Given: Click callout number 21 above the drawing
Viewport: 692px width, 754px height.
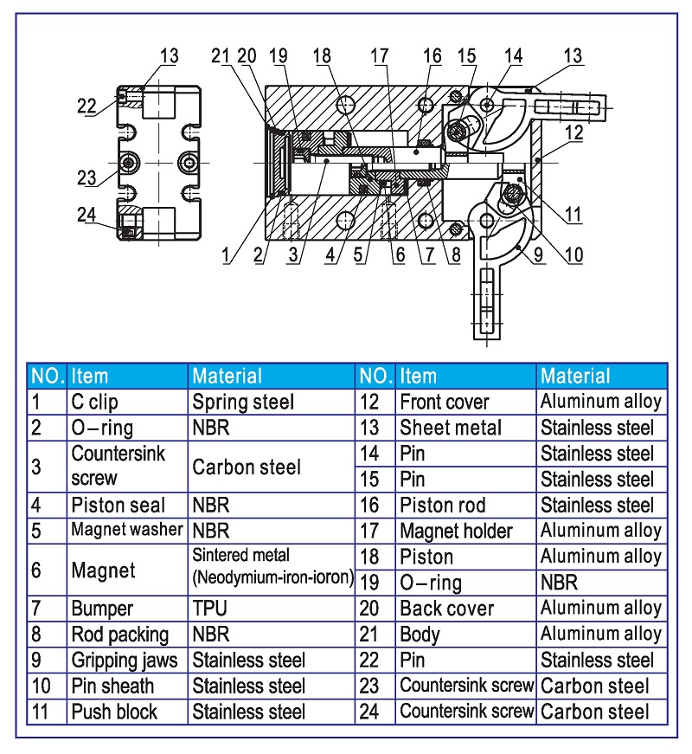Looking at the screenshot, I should pos(221,56).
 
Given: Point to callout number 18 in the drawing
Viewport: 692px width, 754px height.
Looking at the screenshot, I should pos(322,56).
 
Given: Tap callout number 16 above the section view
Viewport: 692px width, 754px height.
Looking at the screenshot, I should pos(432,56).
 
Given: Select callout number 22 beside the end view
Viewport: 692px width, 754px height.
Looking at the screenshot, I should pos(86,106).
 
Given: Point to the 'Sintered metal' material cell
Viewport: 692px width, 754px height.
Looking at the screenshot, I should pos(272,566).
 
